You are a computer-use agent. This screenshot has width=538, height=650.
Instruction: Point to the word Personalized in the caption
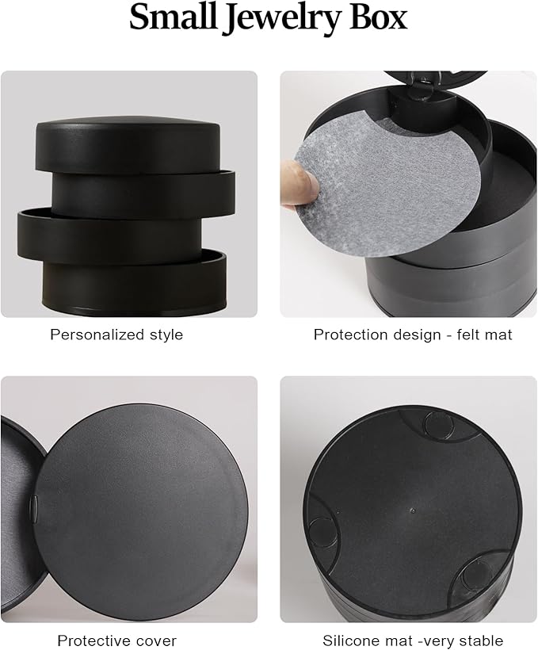tap(94, 335)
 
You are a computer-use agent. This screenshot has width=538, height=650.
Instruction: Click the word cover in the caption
tap(158, 640)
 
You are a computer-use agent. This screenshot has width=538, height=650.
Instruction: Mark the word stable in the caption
tap(482, 640)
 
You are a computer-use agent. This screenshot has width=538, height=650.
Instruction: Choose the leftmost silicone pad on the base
tap(322, 532)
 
